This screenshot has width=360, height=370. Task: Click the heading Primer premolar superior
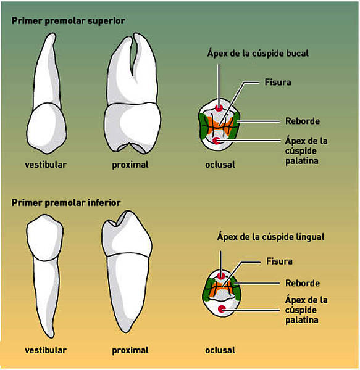click(x=69, y=21)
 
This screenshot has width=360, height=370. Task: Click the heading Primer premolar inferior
click(x=66, y=203)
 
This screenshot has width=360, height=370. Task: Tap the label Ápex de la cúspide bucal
click(x=257, y=53)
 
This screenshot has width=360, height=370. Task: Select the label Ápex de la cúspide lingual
click(x=270, y=237)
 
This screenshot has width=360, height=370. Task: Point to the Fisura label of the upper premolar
click(x=278, y=83)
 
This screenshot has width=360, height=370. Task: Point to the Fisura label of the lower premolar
click(x=279, y=261)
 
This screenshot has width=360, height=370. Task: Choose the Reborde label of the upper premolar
click(x=303, y=121)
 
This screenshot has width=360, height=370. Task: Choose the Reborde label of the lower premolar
click(x=303, y=283)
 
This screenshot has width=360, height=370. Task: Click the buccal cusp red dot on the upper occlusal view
click(x=219, y=109)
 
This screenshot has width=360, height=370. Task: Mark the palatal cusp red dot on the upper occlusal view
click(x=216, y=141)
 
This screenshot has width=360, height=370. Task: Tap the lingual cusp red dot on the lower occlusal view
click(x=221, y=276)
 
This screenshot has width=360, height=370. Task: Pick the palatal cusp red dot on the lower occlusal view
click(x=221, y=309)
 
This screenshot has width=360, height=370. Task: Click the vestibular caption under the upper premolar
click(x=46, y=165)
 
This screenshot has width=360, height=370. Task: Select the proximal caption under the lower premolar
click(x=130, y=350)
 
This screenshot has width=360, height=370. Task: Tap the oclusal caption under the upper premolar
click(x=220, y=165)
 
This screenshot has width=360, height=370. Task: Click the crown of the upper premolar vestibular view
click(x=46, y=128)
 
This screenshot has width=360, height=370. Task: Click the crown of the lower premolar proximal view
click(x=127, y=234)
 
